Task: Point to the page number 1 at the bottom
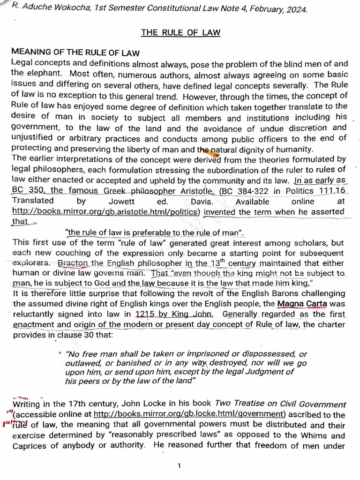pyautogui.click(x=180, y=465)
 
